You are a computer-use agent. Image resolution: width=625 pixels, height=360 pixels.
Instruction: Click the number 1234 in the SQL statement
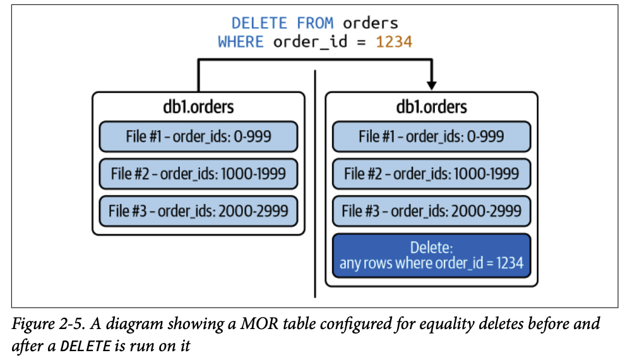point(394,42)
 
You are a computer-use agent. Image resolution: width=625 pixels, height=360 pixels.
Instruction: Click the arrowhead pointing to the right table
point(432,83)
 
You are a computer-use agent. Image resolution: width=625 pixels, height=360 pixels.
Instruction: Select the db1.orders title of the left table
point(198,107)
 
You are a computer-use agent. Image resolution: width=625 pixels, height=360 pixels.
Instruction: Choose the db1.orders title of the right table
point(431,107)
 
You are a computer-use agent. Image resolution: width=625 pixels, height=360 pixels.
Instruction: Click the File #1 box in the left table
point(198,136)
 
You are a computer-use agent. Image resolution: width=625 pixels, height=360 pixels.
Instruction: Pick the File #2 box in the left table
point(198,174)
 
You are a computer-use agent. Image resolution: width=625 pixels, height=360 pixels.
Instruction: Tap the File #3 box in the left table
point(198,211)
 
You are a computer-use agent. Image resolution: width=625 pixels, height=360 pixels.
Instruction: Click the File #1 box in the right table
point(431,136)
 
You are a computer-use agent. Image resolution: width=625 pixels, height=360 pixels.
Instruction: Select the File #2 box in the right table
point(431,174)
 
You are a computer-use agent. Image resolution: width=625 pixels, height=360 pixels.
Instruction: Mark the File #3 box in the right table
point(431,211)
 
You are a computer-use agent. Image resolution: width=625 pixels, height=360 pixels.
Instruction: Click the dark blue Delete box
point(431,255)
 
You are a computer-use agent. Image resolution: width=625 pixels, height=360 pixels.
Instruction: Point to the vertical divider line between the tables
point(314,189)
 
